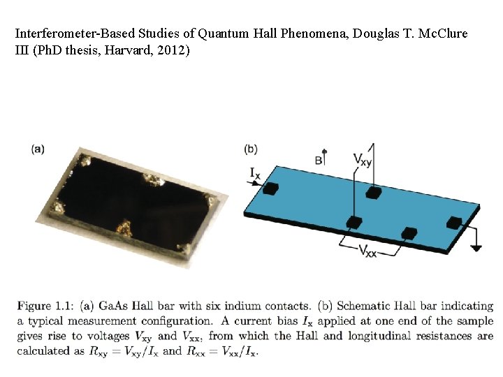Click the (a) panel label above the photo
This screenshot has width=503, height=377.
tap(38, 148)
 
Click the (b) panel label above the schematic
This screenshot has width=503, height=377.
tap(250, 148)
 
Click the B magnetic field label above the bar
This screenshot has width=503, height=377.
tap(319, 160)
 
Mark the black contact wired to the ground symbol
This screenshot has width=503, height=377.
tap(454, 222)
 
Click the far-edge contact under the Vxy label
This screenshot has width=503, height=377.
tap(374, 191)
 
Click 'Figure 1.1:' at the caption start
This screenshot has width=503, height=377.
tap(44, 306)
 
